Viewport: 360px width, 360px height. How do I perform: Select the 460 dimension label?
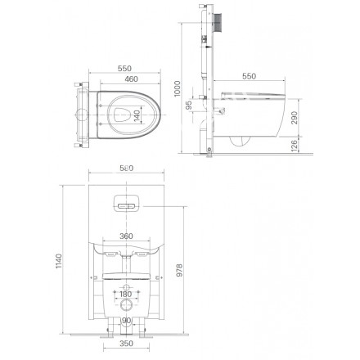pyautogui.click(x=125, y=79)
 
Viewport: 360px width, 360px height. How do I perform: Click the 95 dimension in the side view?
pyautogui.click(x=189, y=105)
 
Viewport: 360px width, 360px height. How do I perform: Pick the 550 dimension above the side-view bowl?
pyautogui.click(x=249, y=76)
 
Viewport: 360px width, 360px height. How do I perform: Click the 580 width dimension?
pyautogui.click(x=126, y=169)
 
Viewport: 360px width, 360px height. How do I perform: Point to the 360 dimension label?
pyautogui.click(x=126, y=236)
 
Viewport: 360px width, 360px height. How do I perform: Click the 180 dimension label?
pyautogui.click(x=126, y=293)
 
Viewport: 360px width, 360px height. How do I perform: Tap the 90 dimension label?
pyautogui.click(x=126, y=322)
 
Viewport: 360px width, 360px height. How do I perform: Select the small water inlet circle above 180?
pyautogui.click(x=126, y=284)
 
